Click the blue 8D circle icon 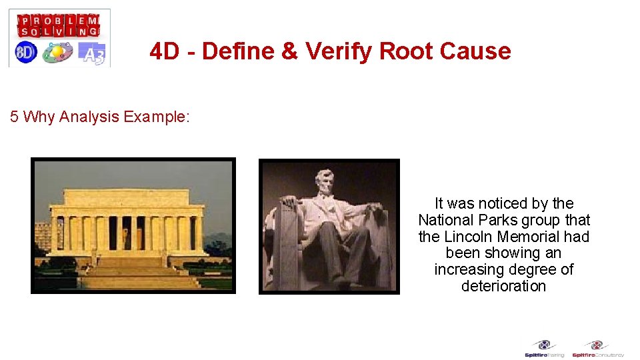pos(26,52)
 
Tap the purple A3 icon pos(92,53)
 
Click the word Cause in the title pos(477,51)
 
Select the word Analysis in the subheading pos(89,117)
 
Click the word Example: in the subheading pos(157,117)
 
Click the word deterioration pos(503,286)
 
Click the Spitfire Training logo pos(544,349)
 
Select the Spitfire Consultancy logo pos(597,349)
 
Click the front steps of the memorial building pos(131,271)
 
